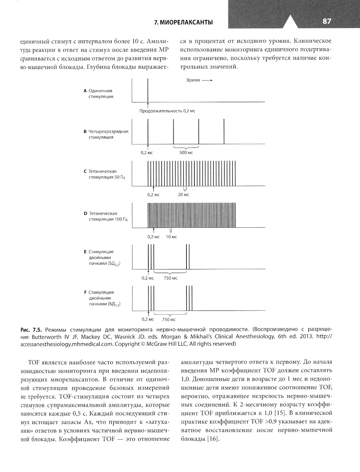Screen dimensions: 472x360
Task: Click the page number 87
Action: pos(327,22)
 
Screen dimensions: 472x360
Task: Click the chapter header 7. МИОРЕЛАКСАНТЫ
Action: pos(183,22)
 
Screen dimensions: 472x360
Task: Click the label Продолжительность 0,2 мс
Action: pos(167,111)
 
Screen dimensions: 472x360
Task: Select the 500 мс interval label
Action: pos(186,153)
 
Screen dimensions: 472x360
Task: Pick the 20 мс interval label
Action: pos(183,195)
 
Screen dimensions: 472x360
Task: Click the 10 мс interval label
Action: pos(171,237)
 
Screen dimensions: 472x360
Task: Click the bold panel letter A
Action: pos(85,91)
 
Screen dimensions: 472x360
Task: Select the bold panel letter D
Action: pos(85,213)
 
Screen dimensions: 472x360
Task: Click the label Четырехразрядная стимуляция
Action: pos(108,134)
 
